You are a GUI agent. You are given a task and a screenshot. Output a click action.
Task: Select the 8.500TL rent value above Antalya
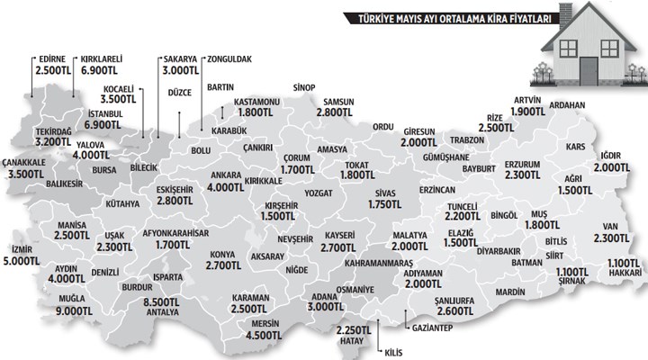pos(165,303)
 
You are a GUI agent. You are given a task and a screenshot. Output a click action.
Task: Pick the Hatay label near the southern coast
pos(348,341)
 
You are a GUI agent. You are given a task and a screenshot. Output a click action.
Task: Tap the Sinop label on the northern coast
pos(305,87)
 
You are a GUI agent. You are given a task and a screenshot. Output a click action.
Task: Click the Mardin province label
pos(509,292)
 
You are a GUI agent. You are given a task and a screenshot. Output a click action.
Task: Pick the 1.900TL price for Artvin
pos(524,112)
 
